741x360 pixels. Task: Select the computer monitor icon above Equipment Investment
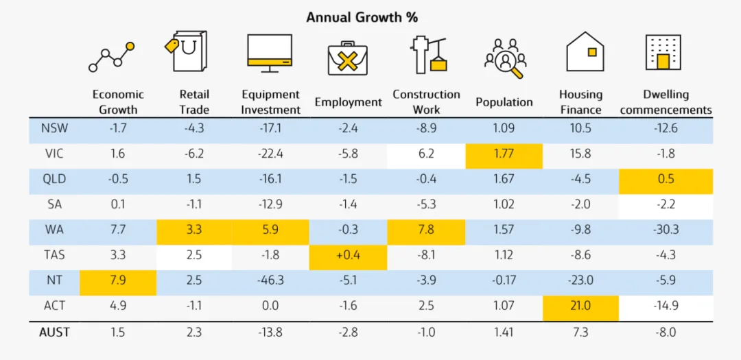pyautogui.click(x=270, y=53)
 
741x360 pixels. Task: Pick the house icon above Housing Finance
pyautogui.click(x=585, y=51)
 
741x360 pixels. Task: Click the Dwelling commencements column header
pyautogui.click(x=666, y=102)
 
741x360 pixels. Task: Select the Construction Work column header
pyautogui.click(x=426, y=102)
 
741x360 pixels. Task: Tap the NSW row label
pyautogui.click(x=54, y=128)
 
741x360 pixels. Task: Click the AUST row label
pyautogui.click(x=55, y=332)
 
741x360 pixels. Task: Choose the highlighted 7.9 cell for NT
pyautogui.click(x=118, y=280)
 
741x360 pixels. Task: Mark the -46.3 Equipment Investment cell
pyautogui.click(x=270, y=280)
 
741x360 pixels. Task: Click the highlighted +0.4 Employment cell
pyautogui.click(x=348, y=255)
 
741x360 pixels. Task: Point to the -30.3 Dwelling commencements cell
pyautogui.click(x=666, y=230)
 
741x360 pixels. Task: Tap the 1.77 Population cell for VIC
pyautogui.click(x=504, y=154)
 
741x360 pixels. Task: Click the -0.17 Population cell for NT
pyautogui.click(x=504, y=280)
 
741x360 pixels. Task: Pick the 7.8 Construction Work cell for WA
pyautogui.click(x=426, y=230)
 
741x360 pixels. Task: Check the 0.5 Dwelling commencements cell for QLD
pyautogui.click(x=666, y=179)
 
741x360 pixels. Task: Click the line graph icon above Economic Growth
pyautogui.click(x=111, y=57)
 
